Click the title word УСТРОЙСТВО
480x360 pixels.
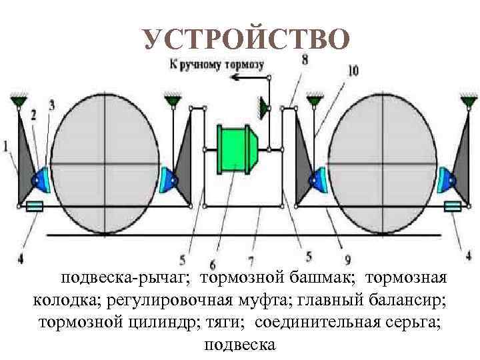[246, 39]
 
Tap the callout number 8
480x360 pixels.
[305, 60]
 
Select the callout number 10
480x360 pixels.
[353, 69]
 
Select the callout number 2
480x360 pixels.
[33, 114]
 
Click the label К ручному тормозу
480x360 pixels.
[217, 65]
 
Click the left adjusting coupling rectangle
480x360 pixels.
[34, 208]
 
